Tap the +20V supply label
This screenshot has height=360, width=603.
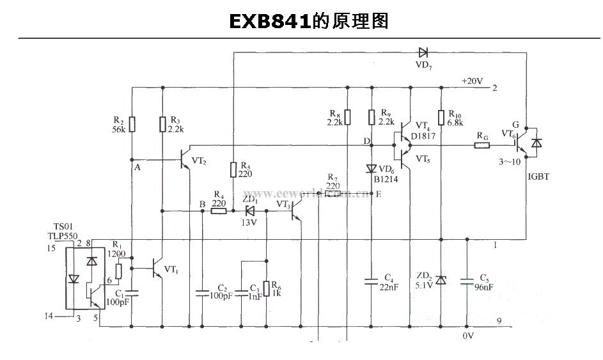[472, 81]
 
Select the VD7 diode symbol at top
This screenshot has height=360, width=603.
[423, 52]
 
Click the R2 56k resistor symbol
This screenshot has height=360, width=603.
[132, 123]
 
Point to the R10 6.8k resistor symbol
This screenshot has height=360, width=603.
[441, 118]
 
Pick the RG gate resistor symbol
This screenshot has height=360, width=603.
[482, 145]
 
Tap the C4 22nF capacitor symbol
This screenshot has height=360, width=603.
[372, 279]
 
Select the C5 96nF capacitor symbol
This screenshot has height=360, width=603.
[467, 279]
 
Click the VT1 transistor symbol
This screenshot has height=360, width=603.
[158, 269]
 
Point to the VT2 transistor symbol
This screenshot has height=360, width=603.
[184, 158]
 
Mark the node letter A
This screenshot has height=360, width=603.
[136, 168]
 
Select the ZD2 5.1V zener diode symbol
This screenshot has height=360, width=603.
[441, 279]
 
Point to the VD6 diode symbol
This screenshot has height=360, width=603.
[372, 169]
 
